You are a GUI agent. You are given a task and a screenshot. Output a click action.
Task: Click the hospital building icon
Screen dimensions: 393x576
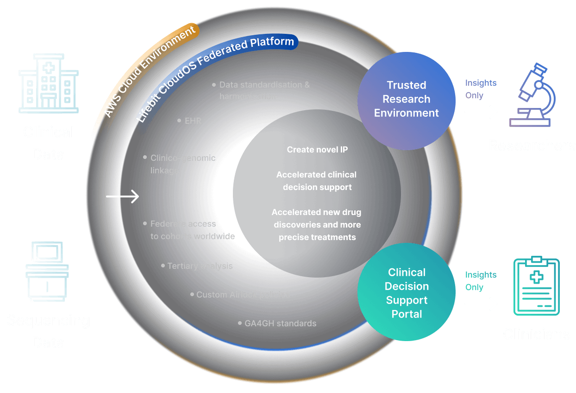pyautogui.click(x=48, y=83)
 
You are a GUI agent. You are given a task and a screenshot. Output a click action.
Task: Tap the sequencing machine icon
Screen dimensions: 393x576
pyautogui.click(x=47, y=271)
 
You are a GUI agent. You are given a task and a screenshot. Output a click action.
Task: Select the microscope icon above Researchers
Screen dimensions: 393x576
pyautogui.click(x=532, y=95)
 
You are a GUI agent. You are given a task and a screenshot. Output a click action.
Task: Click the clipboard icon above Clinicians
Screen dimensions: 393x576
pyautogui.click(x=537, y=286)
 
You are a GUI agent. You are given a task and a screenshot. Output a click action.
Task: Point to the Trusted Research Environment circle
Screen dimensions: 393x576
pyautogui.click(x=407, y=99)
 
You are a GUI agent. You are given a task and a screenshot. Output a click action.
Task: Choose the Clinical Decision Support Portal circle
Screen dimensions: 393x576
pyautogui.click(x=407, y=293)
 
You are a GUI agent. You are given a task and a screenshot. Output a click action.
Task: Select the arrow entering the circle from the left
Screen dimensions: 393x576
pyautogui.click(x=122, y=197)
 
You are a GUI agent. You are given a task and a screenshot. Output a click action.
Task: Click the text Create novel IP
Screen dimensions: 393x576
pyautogui.click(x=317, y=150)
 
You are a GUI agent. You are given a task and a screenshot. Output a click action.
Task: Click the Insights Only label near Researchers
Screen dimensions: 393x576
pyautogui.click(x=480, y=89)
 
